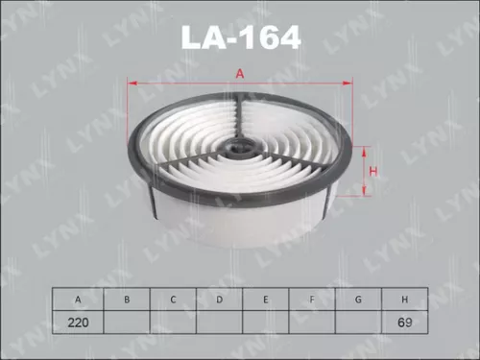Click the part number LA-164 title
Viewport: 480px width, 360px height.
(241, 37)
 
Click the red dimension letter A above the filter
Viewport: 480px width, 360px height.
(240, 73)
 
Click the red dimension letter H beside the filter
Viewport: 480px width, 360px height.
(373, 172)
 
